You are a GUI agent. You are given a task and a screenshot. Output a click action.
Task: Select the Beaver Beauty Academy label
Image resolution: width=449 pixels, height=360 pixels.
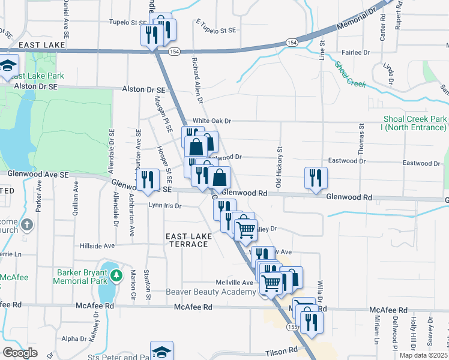pyautogui.click(x=211, y=292)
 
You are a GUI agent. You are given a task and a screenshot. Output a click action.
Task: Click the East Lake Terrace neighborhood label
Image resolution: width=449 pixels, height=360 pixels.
pyautogui.click(x=189, y=241)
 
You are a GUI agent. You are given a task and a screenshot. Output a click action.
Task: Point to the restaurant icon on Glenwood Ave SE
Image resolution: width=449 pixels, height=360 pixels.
pyautogui.click(x=148, y=179)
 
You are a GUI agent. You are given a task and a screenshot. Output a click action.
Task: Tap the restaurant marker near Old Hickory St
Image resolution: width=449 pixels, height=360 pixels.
pyautogui.click(x=316, y=177)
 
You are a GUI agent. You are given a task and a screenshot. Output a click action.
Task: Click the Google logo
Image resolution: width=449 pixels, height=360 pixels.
pyautogui.click(x=20, y=353)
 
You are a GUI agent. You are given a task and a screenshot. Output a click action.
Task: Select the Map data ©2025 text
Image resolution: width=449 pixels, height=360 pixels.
pyautogui.click(x=423, y=355)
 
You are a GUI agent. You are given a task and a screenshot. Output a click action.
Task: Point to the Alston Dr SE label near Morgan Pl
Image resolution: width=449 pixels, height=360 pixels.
pyautogui.click(x=140, y=89)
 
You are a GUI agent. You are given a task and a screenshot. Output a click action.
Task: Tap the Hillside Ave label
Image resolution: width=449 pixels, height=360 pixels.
pyautogui.click(x=97, y=246)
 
